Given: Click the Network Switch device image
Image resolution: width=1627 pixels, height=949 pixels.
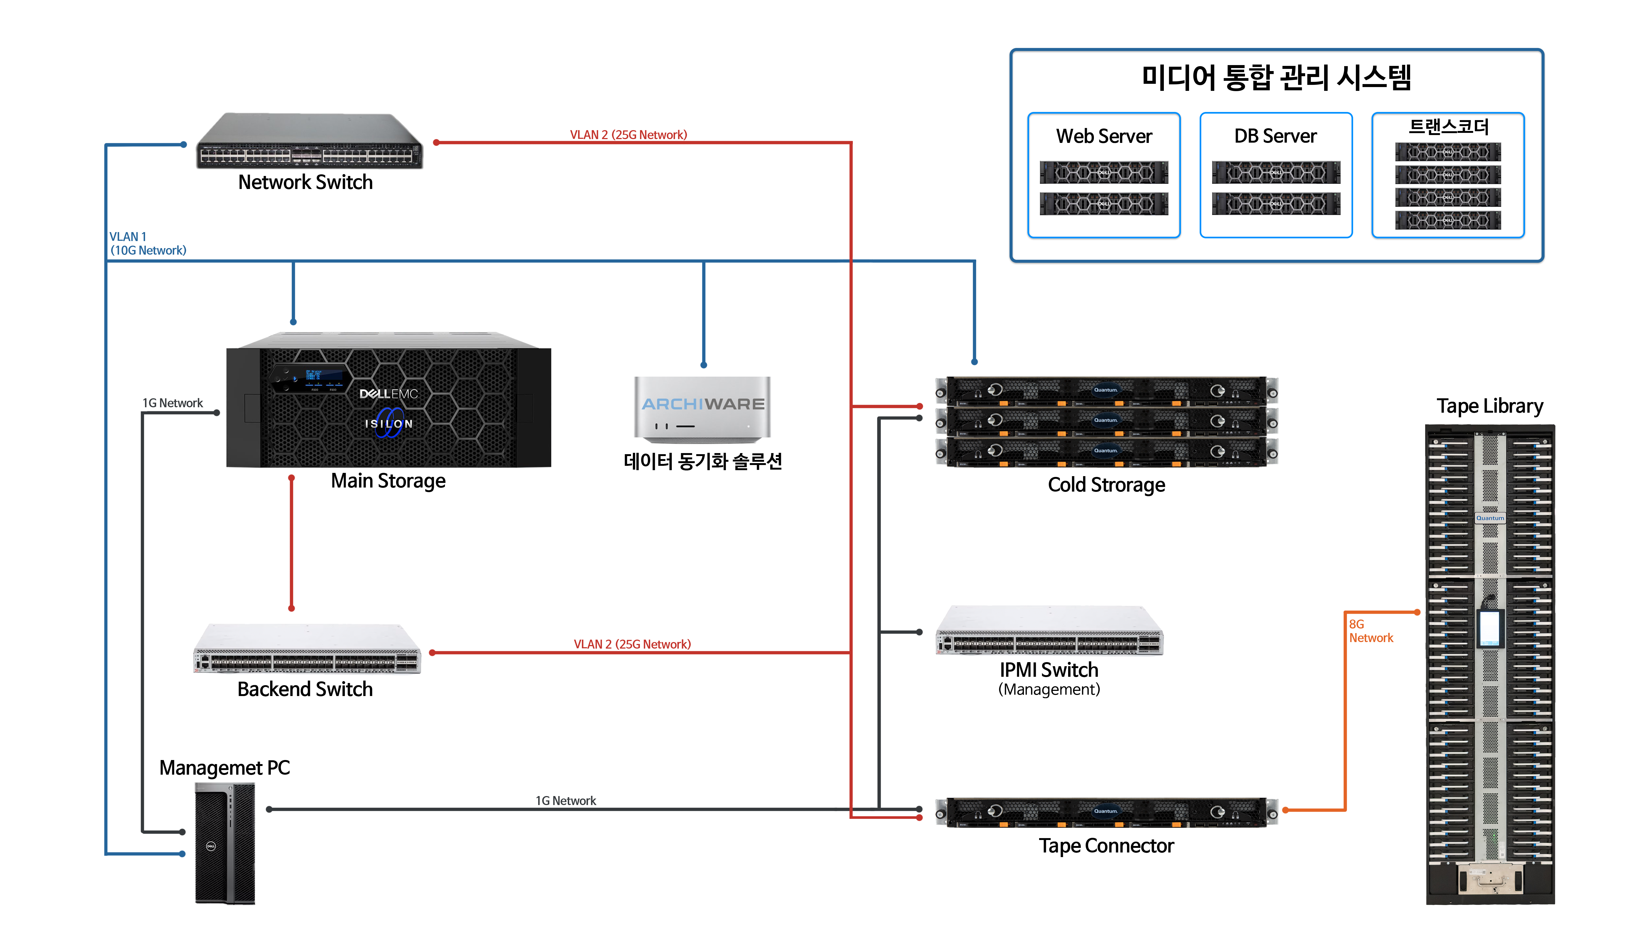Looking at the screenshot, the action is tap(309, 141).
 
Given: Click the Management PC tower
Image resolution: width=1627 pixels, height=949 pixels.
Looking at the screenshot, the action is tap(225, 843).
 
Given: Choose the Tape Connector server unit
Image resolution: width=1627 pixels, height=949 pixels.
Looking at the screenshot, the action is tap(1107, 812).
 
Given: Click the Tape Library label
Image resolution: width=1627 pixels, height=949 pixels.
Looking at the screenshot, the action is tap(1490, 406).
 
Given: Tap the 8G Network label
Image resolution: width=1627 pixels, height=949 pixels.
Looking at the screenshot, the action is tap(1371, 631).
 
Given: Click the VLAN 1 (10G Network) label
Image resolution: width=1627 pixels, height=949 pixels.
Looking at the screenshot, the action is tap(148, 243).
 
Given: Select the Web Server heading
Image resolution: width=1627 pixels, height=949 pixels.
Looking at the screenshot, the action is tap(1104, 136).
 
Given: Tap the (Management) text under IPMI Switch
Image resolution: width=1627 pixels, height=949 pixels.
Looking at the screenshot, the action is tap(1049, 690).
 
